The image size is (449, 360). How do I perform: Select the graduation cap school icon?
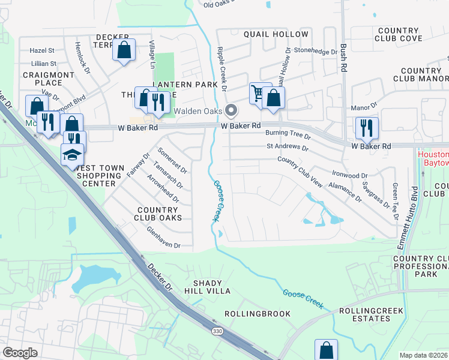(72, 154)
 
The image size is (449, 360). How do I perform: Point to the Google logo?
(20, 353)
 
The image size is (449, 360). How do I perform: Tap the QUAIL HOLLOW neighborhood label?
(276, 34)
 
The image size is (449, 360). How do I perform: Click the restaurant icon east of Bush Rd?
(366, 127)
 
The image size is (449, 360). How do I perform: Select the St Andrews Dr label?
(288, 147)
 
